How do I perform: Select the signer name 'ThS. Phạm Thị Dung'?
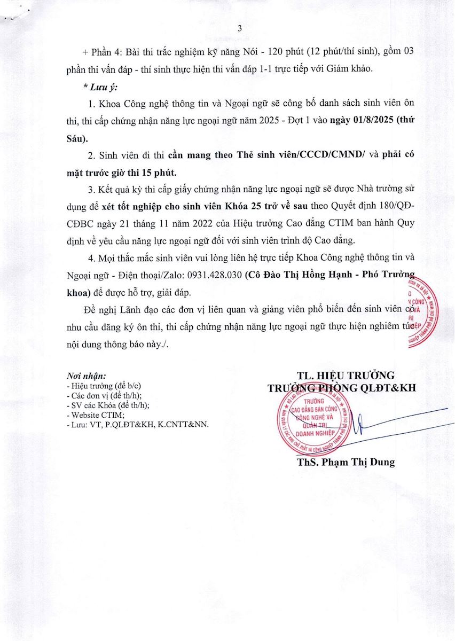pos(346,462)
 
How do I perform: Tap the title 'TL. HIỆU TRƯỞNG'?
pos(346,374)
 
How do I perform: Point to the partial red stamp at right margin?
pos(430,310)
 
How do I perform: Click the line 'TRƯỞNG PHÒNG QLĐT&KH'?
pos(342,388)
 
